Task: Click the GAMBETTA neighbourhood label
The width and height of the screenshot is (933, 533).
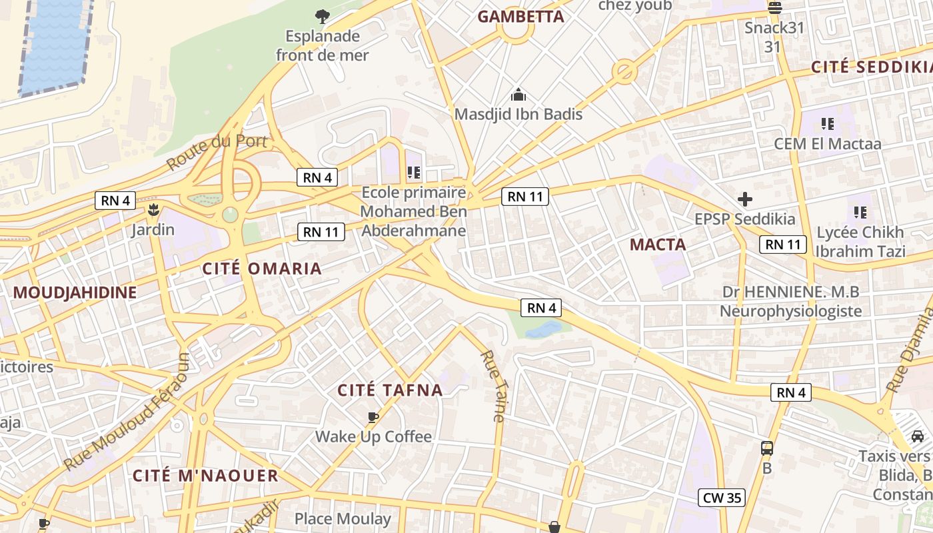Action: click(x=521, y=17)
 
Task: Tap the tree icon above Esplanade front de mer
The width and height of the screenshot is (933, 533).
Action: click(x=322, y=16)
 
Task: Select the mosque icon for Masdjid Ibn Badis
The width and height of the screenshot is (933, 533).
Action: click(x=518, y=95)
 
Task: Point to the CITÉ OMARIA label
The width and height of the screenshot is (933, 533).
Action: click(x=262, y=269)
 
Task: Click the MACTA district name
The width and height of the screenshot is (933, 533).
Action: click(x=658, y=245)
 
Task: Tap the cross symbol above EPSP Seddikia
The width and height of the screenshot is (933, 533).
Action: click(x=744, y=199)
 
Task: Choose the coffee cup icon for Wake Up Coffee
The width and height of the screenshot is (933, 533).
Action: click(x=373, y=418)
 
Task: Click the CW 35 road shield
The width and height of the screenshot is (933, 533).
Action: click(x=722, y=498)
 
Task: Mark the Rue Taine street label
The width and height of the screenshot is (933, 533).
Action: click(x=494, y=386)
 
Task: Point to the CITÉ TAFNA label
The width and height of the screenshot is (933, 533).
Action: click(x=391, y=390)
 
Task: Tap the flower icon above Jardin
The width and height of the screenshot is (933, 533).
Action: click(x=153, y=211)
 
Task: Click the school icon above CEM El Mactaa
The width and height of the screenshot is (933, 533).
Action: click(x=827, y=123)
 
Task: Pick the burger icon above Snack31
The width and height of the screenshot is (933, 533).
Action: click(x=774, y=8)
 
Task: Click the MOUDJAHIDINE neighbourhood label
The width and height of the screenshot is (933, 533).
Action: click(x=75, y=292)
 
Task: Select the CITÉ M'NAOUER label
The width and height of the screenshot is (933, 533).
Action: click(x=205, y=476)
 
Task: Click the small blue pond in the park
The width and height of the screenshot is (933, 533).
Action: click(x=543, y=329)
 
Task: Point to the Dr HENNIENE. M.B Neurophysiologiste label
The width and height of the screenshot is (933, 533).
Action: click(x=791, y=301)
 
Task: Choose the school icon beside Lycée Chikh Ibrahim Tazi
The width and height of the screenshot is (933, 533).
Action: click(x=860, y=213)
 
